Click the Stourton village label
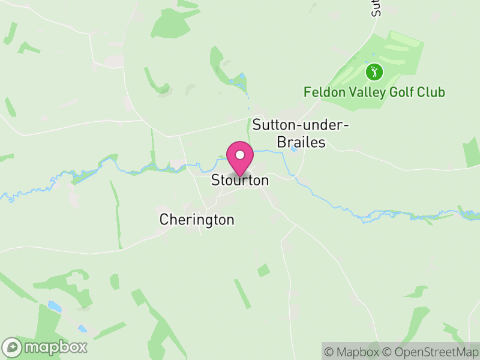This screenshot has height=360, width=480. click(x=239, y=180)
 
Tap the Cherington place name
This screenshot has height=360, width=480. click(x=197, y=220)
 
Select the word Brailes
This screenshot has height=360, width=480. click(x=301, y=143)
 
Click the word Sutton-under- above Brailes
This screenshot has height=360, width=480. click(x=300, y=125)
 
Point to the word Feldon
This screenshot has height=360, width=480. click(x=323, y=92)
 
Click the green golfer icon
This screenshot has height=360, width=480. click(x=374, y=73)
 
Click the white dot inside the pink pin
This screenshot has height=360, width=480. click(x=239, y=155)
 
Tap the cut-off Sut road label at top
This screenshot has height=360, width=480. click(x=376, y=8)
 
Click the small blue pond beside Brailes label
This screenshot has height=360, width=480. click(x=293, y=148)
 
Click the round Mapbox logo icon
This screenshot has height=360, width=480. click(x=12, y=347)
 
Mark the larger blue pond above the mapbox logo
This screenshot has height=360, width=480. click(x=55, y=307)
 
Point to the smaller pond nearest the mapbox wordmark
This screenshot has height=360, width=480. click(x=82, y=328)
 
